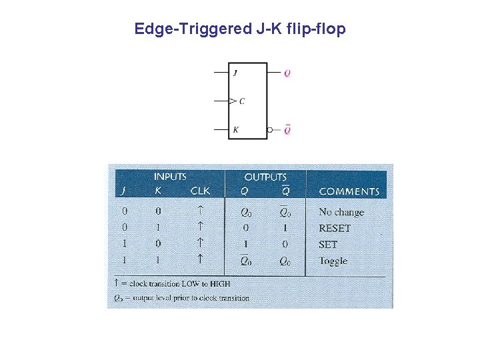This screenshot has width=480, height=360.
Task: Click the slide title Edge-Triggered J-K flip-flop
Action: (x=240, y=29)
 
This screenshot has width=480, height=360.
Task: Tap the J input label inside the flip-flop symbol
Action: (x=235, y=73)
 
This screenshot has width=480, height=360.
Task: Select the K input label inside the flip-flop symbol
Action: (x=235, y=130)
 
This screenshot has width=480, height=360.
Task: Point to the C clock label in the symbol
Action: (x=241, y=101)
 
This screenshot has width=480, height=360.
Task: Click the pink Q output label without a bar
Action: (x=287, y=73)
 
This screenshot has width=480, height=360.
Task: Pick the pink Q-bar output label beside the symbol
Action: (x=287, y=130)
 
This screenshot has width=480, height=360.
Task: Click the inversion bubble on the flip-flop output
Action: (x=270, y=130)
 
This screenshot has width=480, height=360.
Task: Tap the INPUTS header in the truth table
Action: (x=170, y=177)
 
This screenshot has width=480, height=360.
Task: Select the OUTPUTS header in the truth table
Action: (x=265, y=177)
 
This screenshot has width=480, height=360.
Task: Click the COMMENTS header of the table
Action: (x=349, y=191)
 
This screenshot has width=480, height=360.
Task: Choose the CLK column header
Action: (x=200, y=191)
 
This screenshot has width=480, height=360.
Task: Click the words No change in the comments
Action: (x=341, y=212)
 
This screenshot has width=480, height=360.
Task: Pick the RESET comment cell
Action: (x=335, y=228)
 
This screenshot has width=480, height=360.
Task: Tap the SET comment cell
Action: (x=328, y=245)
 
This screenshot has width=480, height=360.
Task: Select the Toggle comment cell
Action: (x=333, y=261)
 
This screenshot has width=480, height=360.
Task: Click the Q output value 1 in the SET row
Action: (x=245, y=245)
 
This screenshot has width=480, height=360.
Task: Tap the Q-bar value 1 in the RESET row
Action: (x=285, y=228)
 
